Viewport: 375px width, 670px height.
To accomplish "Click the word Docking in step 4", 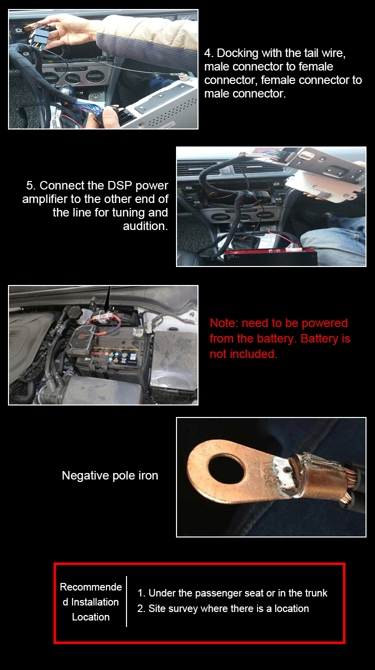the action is pos(237,53).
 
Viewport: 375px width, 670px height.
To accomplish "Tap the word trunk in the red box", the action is pos(316,593).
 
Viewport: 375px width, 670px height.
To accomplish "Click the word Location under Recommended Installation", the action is pos(90,617).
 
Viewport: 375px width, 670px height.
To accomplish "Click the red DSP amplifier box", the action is pos(270,257).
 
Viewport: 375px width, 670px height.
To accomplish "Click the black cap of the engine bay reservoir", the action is pos(75,312).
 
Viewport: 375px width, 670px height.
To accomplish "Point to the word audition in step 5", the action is pos(145,226).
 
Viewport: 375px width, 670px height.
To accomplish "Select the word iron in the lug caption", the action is pos(148,475).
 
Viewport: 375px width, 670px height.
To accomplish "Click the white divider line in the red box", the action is pos(126,601).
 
